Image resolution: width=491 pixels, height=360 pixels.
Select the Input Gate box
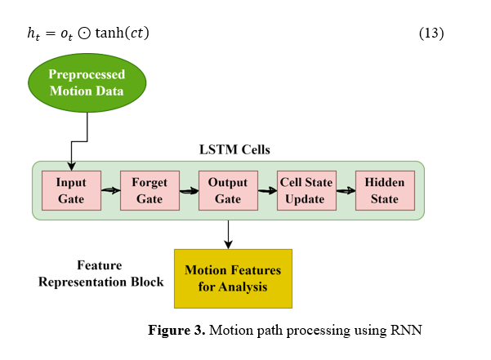click(71, 190)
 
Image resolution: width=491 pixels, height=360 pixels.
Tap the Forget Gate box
click(150, 190)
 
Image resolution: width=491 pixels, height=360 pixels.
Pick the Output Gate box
click(228, 190)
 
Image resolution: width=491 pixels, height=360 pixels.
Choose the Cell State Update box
click(306, 190)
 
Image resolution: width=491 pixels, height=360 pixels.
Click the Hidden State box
click(385, 190)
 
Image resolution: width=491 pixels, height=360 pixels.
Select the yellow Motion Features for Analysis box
click(233, 278)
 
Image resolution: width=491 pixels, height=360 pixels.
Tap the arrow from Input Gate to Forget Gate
click(110, 190)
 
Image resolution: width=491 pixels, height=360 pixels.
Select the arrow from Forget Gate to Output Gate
click(189, 190)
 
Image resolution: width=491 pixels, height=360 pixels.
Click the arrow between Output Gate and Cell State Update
click(267, 190)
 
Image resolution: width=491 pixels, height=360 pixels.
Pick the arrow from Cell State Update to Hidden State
click(346, 190)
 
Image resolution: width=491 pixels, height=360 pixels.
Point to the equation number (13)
click(431, 33)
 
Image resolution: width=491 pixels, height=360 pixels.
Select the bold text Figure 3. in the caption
click(175, 331)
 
